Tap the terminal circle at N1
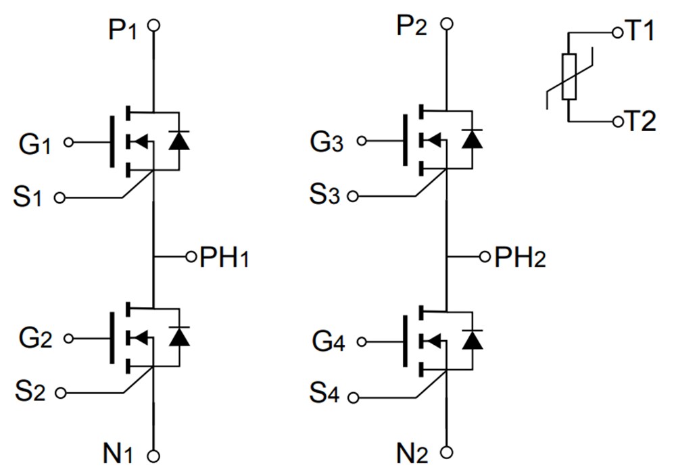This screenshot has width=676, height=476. click(x=154, y=457)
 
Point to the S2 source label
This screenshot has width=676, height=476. click(x=30, y=391)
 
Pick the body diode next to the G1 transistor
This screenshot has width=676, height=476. click(x=178, y=140)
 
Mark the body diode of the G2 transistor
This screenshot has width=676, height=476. click(x=178, y=335)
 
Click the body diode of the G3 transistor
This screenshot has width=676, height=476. click(x=472, y=139)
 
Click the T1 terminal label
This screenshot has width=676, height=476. click(x=638, y=32)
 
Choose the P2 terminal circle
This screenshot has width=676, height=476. click(x=446, y=24)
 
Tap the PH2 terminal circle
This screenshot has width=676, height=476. click(x=484, y=257)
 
